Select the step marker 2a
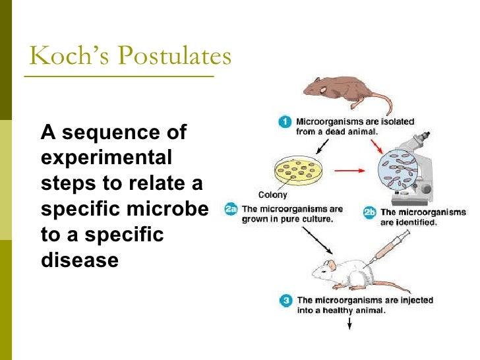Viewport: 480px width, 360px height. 231,209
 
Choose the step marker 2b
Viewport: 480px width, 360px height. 370,212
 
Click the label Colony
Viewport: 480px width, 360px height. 272,195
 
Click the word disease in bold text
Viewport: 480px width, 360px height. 79,259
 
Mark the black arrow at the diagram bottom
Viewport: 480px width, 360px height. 349,323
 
